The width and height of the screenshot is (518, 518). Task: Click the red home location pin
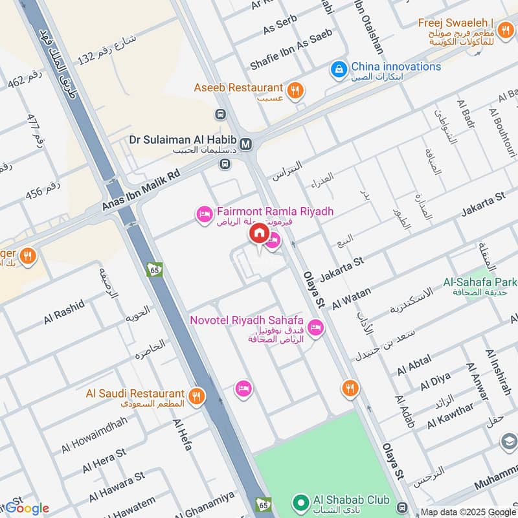coord(258,234)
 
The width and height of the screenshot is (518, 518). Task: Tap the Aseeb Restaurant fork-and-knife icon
coord(295,90)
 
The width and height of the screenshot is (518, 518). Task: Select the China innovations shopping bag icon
coord(338,68)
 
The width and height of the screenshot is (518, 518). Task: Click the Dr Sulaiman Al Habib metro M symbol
coord(245,144)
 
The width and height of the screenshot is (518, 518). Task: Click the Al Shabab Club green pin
coord(300,502)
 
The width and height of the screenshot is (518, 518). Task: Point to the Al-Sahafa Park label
coord(480,282)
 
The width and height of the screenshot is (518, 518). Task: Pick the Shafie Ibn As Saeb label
coord(291,50)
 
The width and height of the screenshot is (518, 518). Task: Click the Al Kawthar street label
coord(450,416)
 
